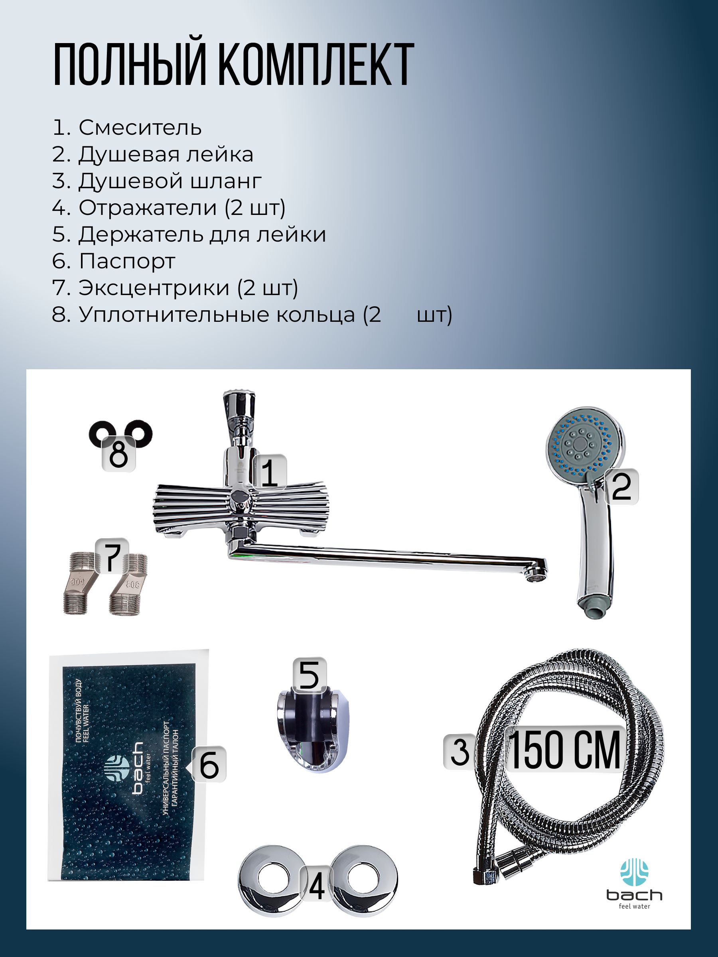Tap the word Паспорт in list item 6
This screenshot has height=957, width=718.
coord(127,261)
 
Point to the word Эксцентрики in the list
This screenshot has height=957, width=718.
coord(154,288)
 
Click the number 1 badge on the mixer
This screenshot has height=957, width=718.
coord(270,473)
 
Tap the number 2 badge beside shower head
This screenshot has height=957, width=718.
coord(621,487)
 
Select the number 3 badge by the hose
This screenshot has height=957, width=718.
coord(460,752)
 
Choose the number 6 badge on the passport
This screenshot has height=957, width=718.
coord(209,765)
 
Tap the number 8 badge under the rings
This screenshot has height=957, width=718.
coord(118,454)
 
